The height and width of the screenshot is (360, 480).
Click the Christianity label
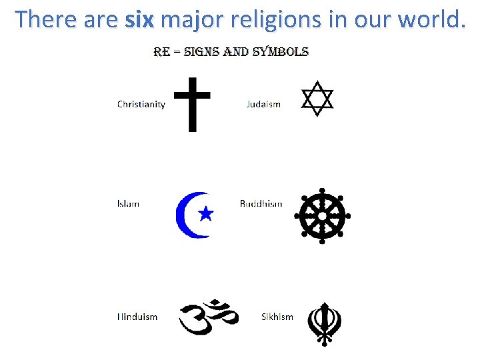point(141,104)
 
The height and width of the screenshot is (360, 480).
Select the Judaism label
point(263,104)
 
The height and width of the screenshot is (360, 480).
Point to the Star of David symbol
point(317,99)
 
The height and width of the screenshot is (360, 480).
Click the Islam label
point(128,203)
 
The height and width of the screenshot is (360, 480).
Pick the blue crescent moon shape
point(185,215)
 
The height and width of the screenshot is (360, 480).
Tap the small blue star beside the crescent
point(206,213)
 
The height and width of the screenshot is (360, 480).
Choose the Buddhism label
point(261,203)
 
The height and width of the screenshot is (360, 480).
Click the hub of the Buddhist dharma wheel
point(323,216)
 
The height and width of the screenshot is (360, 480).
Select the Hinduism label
point(137,317)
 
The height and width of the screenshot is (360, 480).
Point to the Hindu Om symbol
point(208,317)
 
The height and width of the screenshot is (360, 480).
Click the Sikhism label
point(277,317)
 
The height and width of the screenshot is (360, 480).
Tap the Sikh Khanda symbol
point(324,323)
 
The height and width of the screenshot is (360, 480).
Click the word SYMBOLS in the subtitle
point(280,51)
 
